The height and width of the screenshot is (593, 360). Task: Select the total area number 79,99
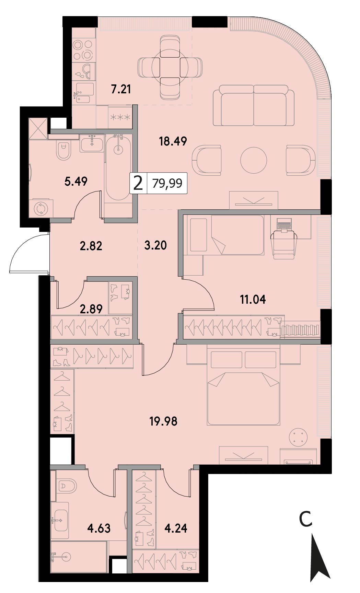tap(167, 184)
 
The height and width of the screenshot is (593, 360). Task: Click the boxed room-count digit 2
tap(138, 184)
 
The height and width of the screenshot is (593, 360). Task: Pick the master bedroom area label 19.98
tap(163, 421)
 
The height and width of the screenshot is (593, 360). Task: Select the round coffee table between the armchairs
tap(254, 160)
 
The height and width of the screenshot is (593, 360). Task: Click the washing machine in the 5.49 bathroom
tap(41, 208)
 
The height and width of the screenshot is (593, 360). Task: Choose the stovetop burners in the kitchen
tap(83, 50)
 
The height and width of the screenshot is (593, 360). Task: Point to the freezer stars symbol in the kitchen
tap(120, 117)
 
